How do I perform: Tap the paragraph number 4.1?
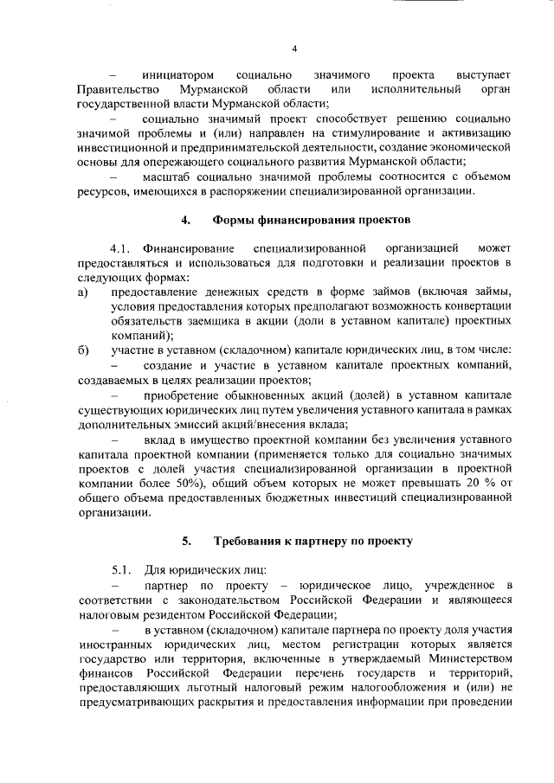[122, 250]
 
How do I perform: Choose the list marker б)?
[82, 350]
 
